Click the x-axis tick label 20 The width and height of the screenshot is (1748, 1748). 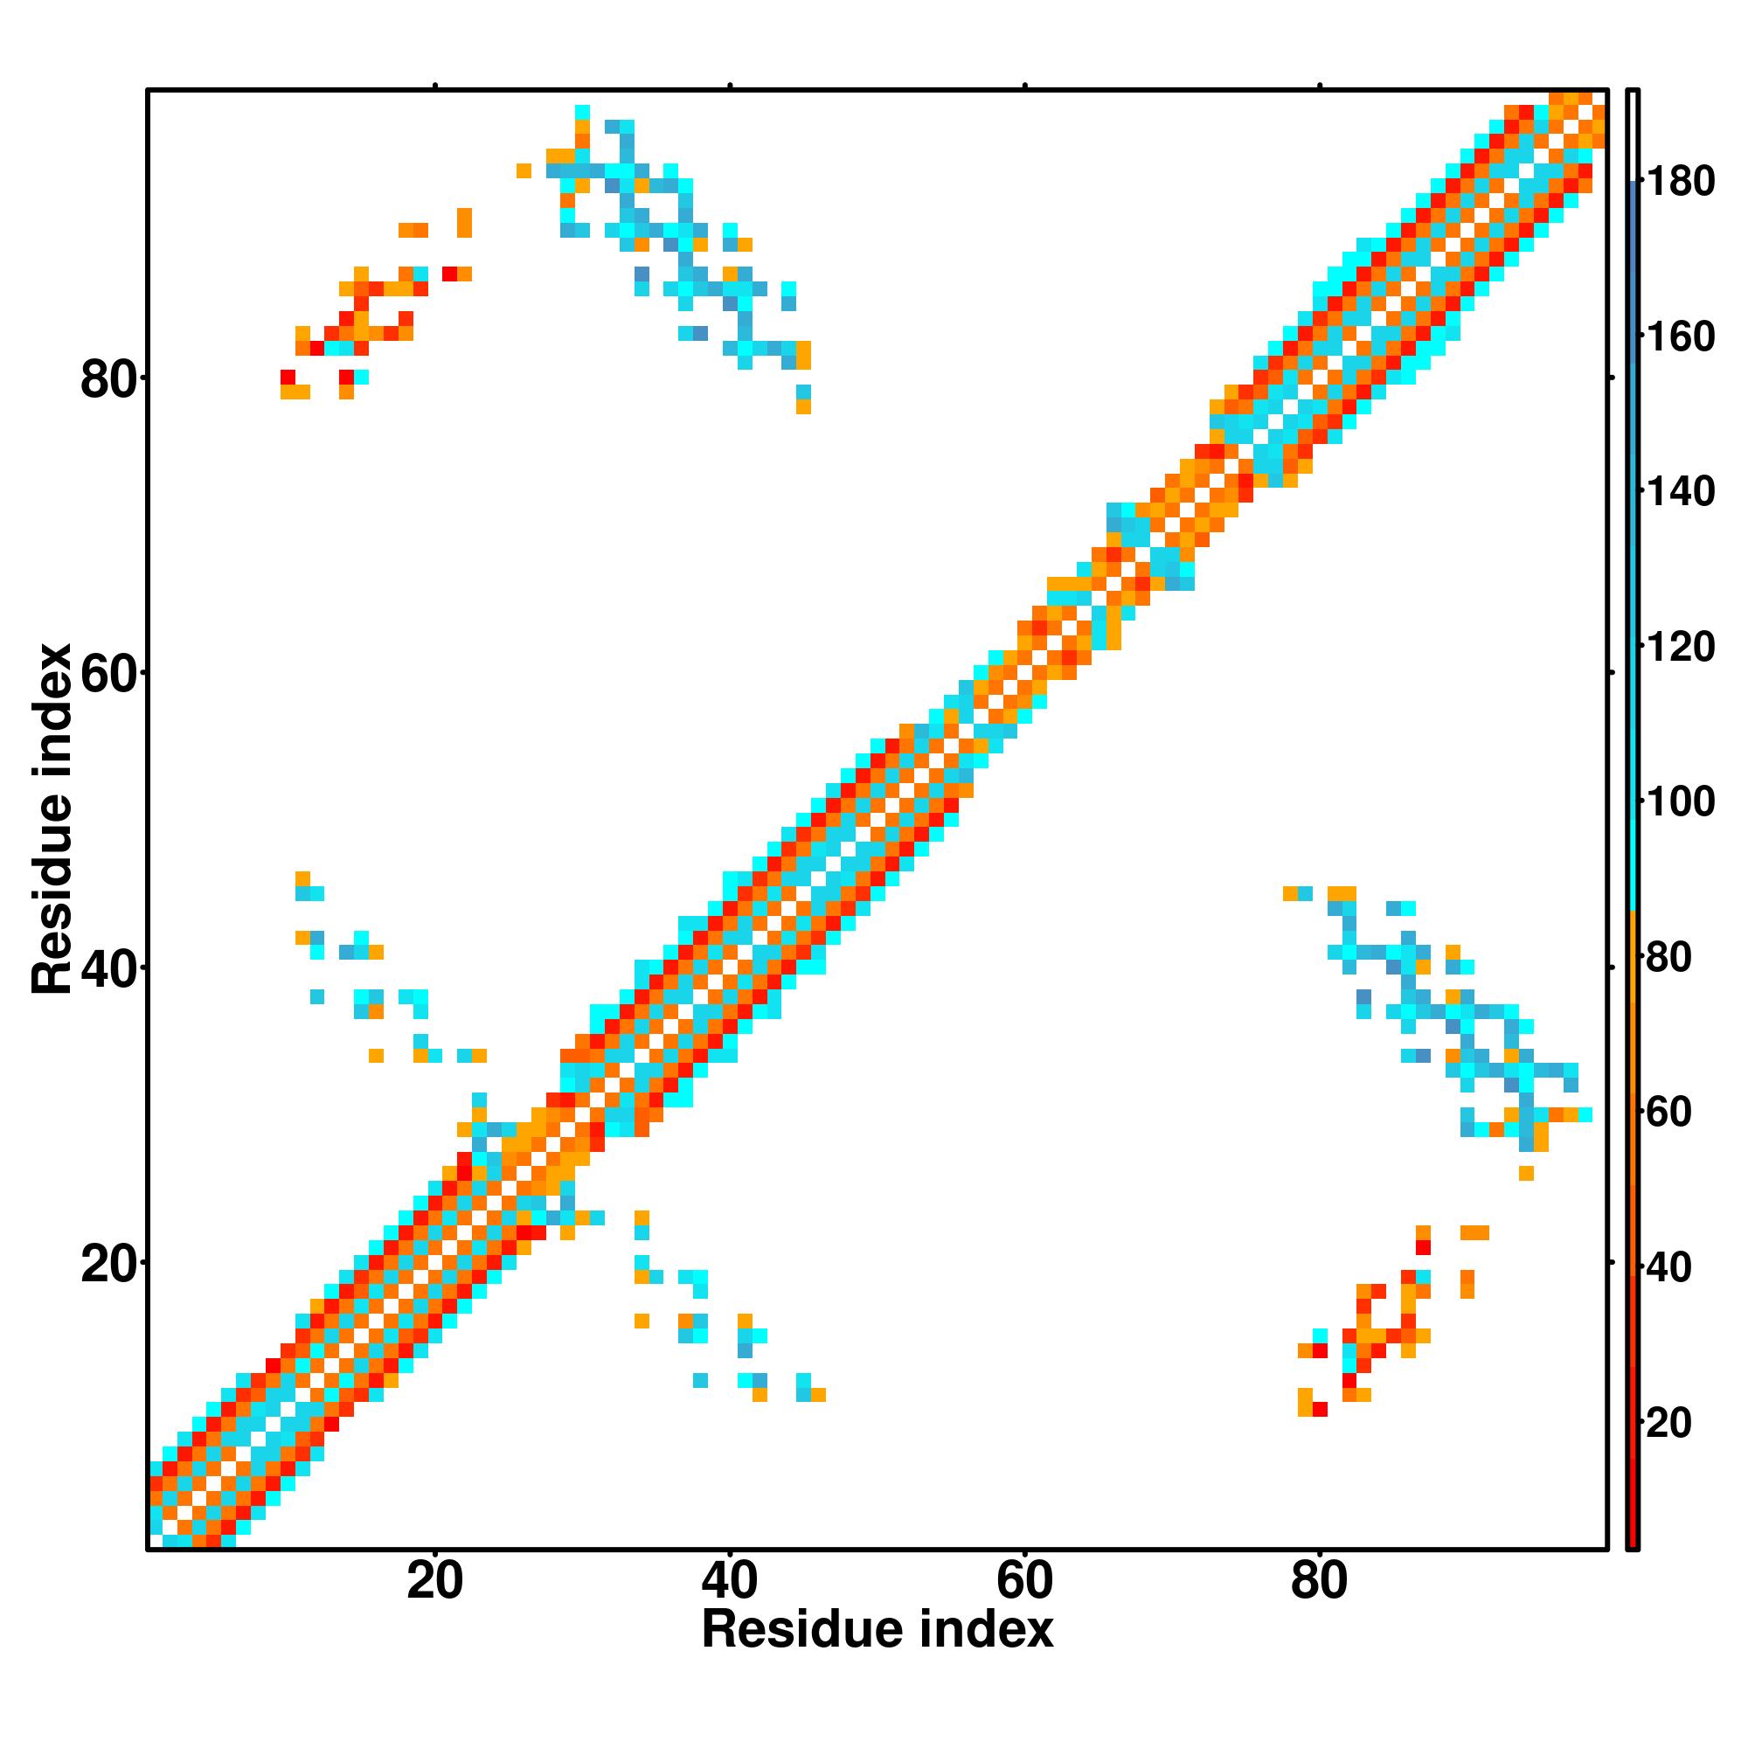pos(434,1582)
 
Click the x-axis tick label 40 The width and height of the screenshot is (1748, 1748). pos(729,1582)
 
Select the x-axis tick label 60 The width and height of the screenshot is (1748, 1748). pos(1024,1582)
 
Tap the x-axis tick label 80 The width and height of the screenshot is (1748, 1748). pos(1319,1582)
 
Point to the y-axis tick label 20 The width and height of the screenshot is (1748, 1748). pos(108,1265)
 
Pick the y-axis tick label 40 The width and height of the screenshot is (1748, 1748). pos(108,970)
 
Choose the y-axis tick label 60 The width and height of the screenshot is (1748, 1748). pos(108,675)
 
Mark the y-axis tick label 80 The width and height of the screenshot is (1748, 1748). pos(108,380)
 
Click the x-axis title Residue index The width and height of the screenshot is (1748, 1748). pos(877,1630)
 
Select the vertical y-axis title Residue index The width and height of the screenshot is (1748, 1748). pos(52,820)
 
